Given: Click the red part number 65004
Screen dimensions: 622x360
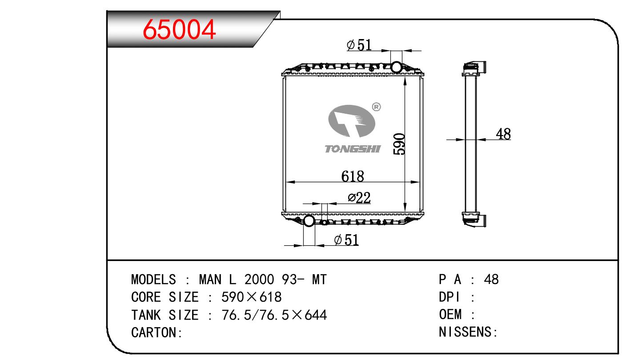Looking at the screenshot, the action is tap(179, 29).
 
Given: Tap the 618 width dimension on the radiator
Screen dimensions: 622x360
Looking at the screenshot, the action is tap(353, 176).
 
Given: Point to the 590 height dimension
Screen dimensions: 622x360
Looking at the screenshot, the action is tap(399, 144).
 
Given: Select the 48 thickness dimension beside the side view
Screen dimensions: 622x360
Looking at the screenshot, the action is tap(503, 134).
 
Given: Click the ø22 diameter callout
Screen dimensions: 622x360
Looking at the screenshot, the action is tap(359, 198).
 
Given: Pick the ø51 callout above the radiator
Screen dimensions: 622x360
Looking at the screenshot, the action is tap(359, 45).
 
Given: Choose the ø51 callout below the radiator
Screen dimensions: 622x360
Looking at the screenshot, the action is tap(346, 240).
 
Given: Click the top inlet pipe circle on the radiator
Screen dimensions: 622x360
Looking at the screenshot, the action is tap(396, 67).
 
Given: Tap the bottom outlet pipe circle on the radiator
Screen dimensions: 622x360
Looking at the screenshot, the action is tap(309, 220).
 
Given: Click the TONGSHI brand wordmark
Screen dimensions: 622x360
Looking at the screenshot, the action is tap(353, 149).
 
